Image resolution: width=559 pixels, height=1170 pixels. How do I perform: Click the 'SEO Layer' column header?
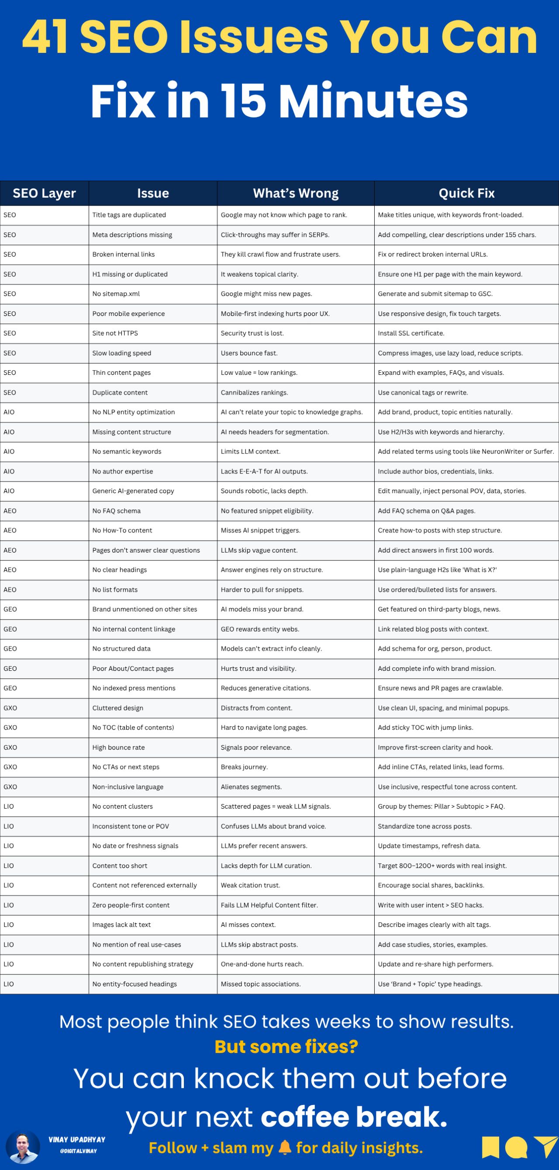tap(44, 193)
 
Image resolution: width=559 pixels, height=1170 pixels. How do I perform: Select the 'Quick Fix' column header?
tap(466, 193)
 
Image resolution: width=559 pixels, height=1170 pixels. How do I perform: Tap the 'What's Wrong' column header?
tap(295, 193)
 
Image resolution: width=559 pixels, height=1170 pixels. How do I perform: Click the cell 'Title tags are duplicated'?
tap(129, 215)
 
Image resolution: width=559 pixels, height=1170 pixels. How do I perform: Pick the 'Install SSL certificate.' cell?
tap(411, 333)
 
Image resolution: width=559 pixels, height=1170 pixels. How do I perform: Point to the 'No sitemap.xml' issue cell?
tap(116, 294)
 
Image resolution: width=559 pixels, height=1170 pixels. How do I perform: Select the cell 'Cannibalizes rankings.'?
tap(254, 392)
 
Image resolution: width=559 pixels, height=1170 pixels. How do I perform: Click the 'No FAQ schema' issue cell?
tap(116, 511)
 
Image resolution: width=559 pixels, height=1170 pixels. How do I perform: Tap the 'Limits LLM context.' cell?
tap(250, 452)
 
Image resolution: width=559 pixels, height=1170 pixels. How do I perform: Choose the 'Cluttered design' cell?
tap(118, 708)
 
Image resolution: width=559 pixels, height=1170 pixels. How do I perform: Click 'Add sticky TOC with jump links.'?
tap(425, 727)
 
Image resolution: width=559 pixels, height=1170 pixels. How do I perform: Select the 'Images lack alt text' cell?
tap(121, 924)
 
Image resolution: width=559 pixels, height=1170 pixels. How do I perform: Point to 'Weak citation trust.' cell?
tap(250, 885)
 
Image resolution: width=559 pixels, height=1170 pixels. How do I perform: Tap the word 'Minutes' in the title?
tap(373, 101)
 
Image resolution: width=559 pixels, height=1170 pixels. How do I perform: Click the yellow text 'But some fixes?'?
tap(286, 1046)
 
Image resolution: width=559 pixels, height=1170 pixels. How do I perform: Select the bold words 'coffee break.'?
tap(354, 1116)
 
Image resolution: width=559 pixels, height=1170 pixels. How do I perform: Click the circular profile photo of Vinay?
tap(23, 1146)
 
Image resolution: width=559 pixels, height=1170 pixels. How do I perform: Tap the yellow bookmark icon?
tap(490, 1147)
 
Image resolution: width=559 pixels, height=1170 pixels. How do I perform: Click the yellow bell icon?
tap(284, 1147)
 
